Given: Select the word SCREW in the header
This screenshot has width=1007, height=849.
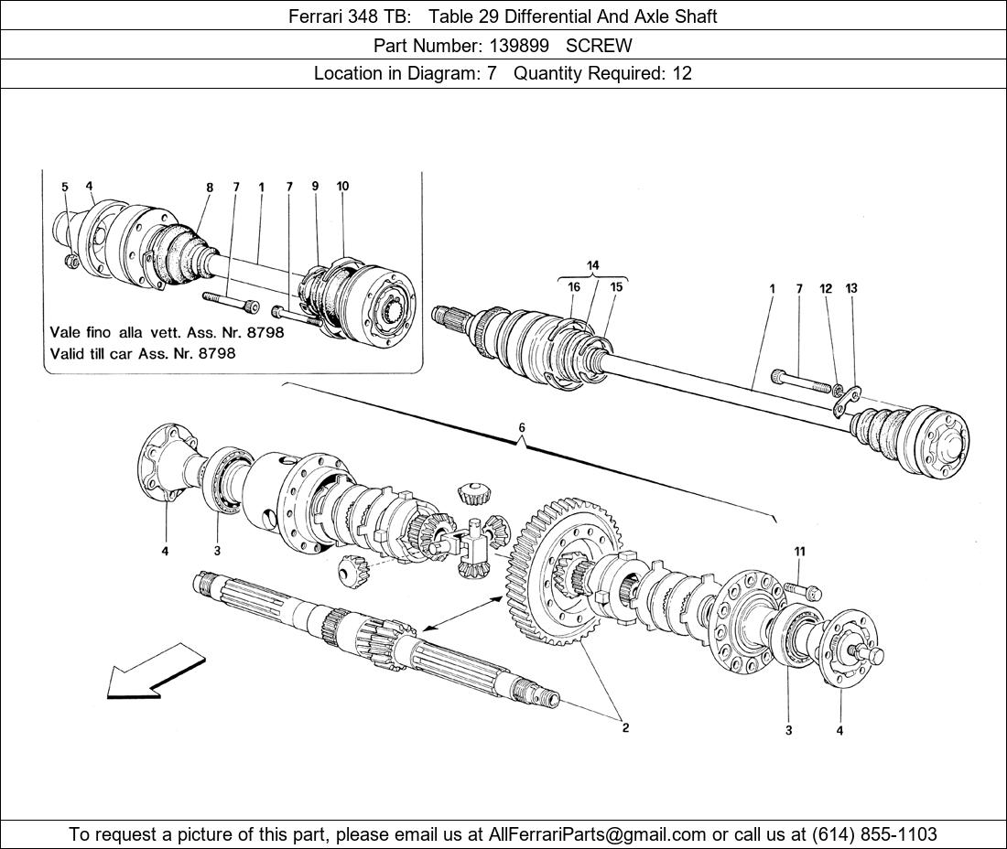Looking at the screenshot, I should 599,45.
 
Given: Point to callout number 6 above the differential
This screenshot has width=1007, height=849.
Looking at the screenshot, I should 522,428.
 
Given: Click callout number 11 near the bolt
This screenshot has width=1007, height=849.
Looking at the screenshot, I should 799,551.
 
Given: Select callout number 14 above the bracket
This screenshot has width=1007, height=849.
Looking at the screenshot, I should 593,265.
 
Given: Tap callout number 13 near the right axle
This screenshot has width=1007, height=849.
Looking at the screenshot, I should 851,289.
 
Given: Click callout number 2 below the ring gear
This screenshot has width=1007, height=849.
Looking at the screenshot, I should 625,728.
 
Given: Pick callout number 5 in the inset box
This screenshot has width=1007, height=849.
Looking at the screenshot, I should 65,188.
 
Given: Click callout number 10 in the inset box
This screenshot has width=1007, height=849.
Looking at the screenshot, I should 342,187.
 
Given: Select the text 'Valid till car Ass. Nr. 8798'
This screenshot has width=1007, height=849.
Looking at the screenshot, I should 142,353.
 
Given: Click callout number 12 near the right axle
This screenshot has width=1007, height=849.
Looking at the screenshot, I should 826,289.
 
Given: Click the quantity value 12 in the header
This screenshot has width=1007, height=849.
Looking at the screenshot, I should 682,73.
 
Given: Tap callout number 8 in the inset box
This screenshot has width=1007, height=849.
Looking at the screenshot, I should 210,188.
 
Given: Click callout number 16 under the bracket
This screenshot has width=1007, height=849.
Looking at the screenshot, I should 574,287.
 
